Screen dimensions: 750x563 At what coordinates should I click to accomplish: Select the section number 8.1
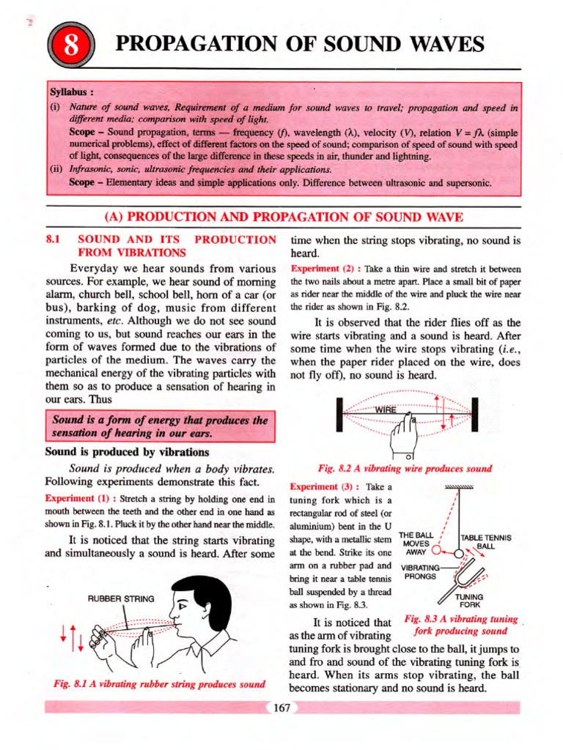pyautogui.click(x=55, y=240)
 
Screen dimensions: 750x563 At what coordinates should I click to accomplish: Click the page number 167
pyautogui.click(x=282, y=708)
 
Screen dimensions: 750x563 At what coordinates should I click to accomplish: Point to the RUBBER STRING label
pyautogui.click(x=121, y=598)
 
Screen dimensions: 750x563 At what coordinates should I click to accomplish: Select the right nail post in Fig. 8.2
pyautogui.click(x=474, y=415)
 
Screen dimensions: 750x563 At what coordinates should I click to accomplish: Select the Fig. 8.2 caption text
pyautogui.click(x=405, y=469)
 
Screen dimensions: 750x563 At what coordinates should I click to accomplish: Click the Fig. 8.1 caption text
pyautogui.click(x=159, y=684)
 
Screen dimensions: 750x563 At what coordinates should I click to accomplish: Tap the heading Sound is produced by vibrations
pyautogui.click(x=127, y=452)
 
